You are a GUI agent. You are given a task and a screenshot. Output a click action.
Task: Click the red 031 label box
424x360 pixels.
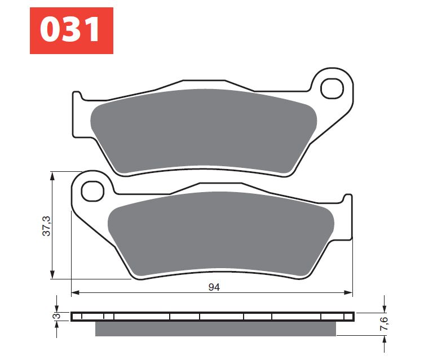pyautogui.click(x=72, y=31)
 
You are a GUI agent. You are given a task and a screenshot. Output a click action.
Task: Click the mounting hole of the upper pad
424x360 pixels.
pyautogui.click(x=332, y=88)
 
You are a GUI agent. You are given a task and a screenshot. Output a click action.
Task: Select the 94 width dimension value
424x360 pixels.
pyautogui.click(x=214, y=287)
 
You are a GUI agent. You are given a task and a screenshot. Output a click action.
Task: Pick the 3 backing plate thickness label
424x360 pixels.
pyautogui.click(x=56, y=317)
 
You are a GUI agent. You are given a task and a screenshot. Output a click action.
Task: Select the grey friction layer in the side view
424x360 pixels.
pyautogui.click(x=214, y=328)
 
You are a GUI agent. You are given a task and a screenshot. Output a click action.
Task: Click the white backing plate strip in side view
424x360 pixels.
pyautogui.click(x=214, y=317)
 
